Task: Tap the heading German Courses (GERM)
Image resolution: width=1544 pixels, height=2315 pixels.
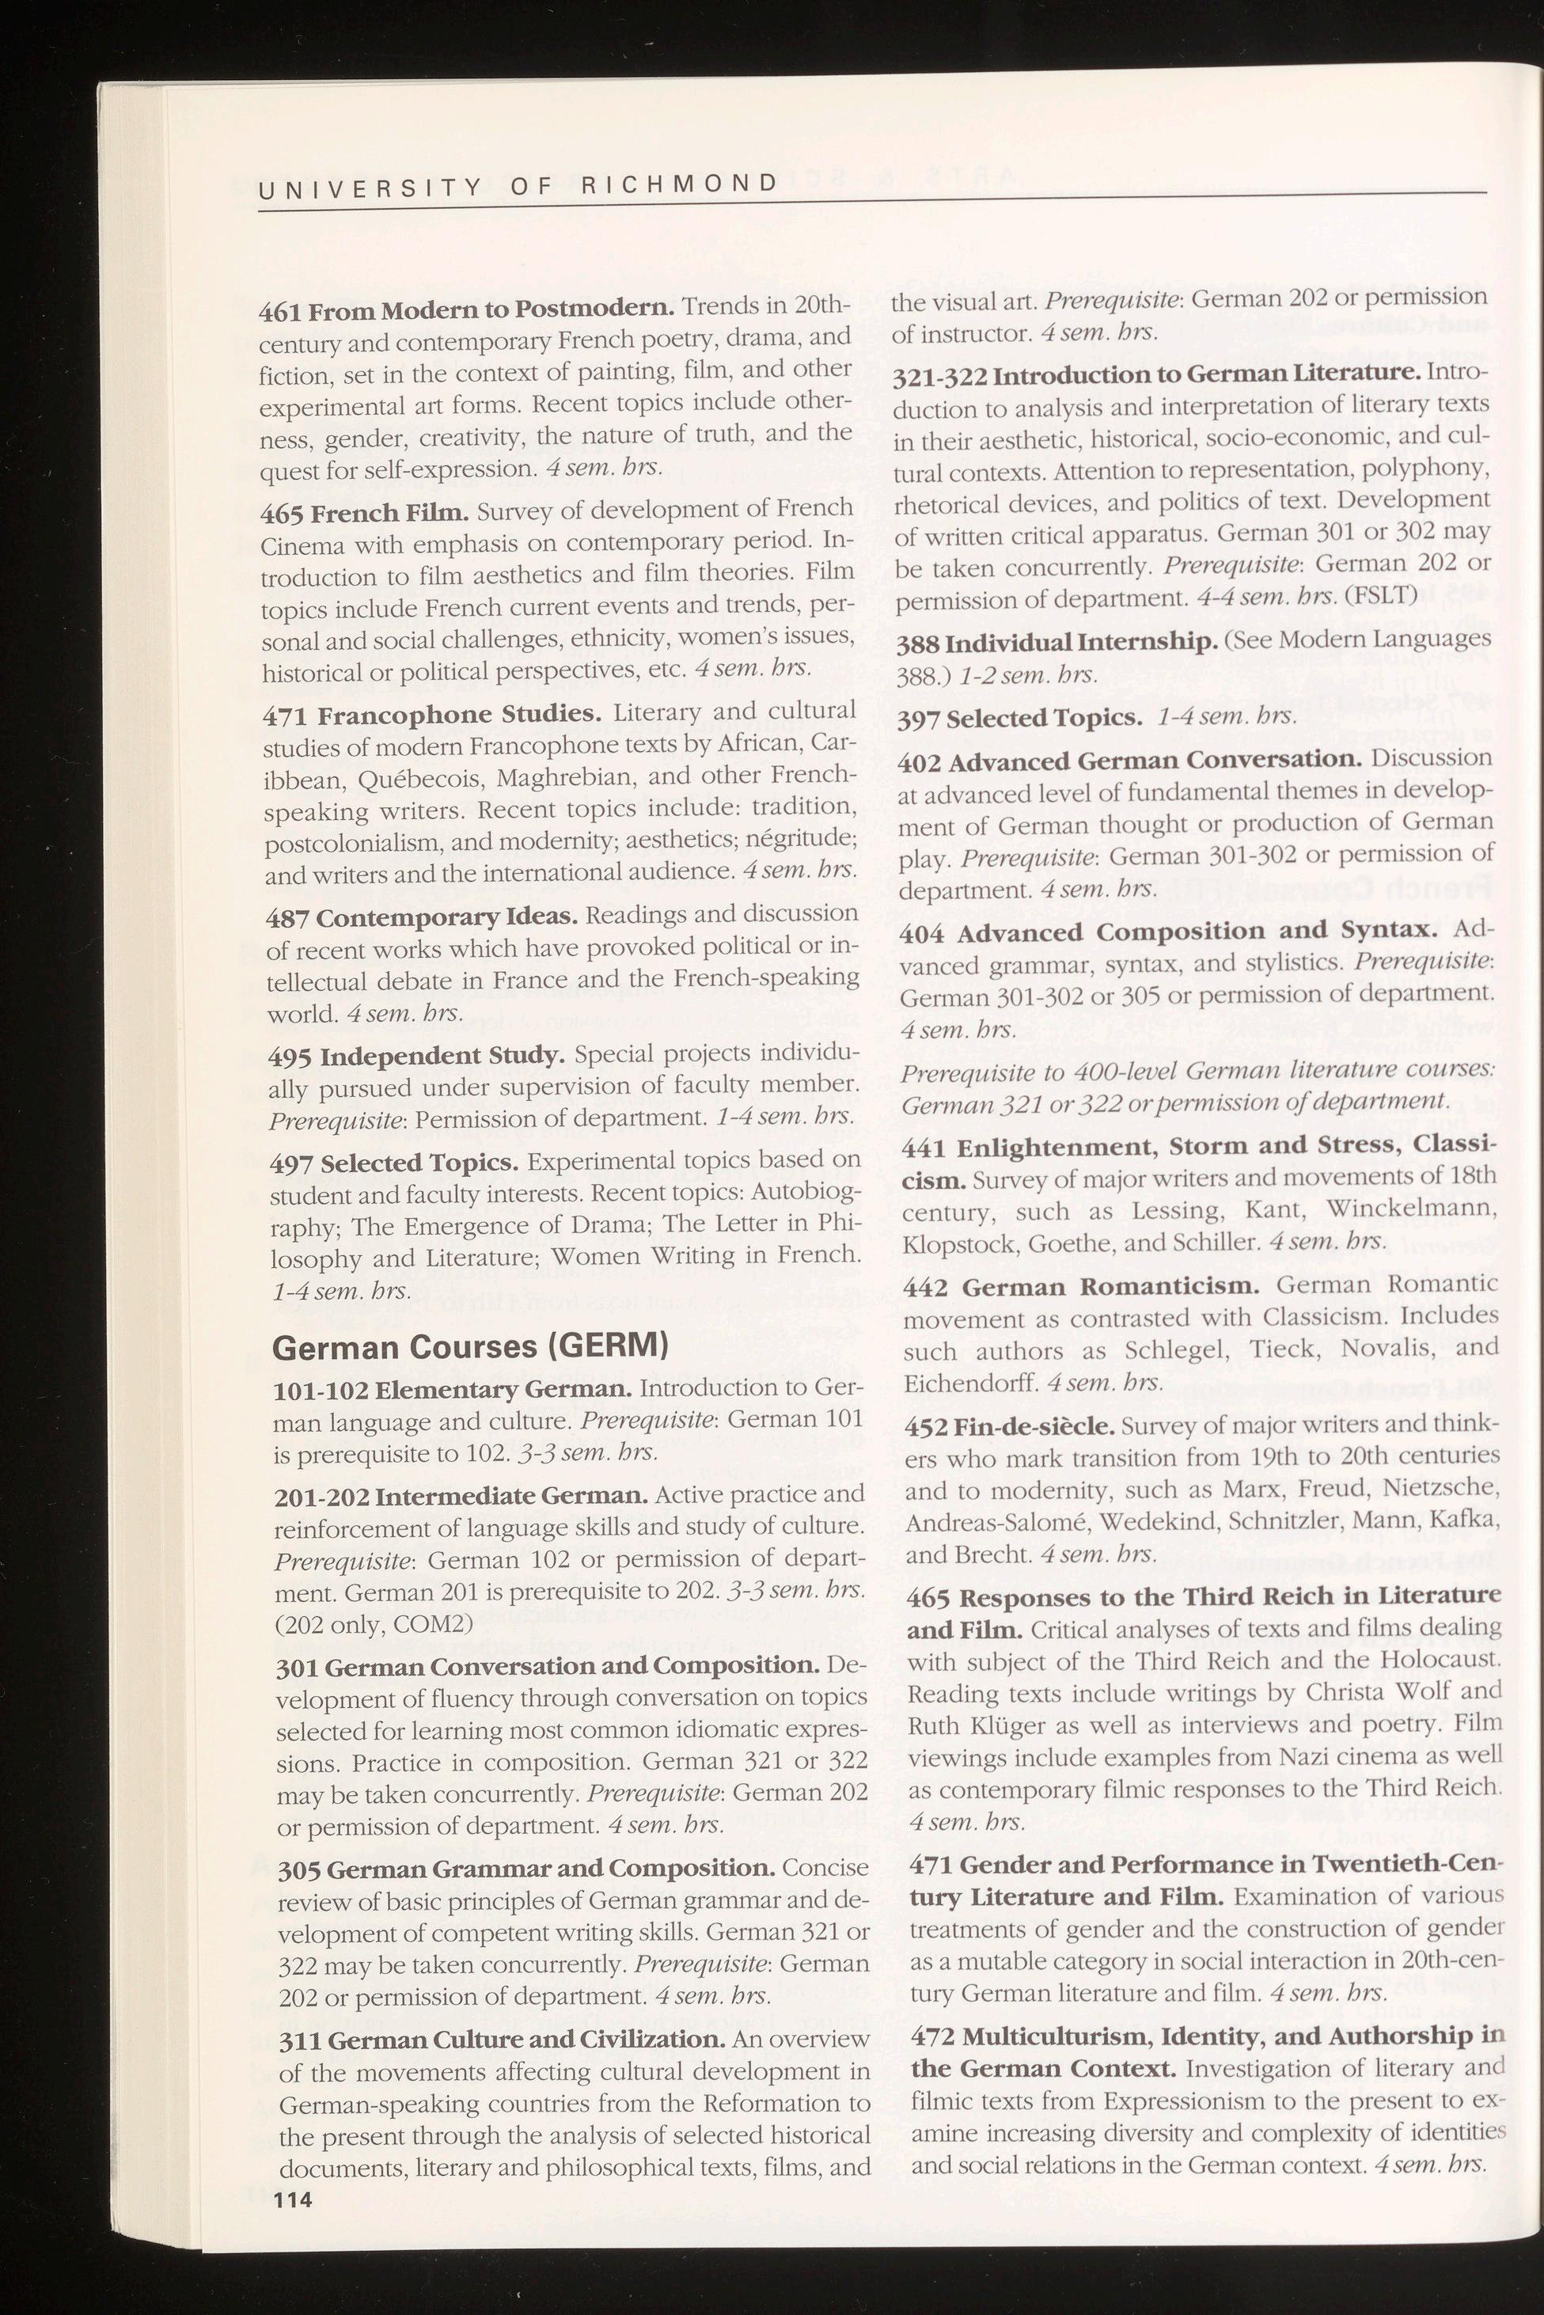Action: pyautogui.click(x=470, y=1346)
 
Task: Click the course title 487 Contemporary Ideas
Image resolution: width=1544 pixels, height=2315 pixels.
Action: pyautogui.click(x=423, y=918)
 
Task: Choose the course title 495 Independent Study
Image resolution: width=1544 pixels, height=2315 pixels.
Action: pyautogui.click(x=416, y=1057)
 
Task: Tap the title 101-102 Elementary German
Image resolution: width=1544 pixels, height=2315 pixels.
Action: pyautogui.click(x=452, y=1391)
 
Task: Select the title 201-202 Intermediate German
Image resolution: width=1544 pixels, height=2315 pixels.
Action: pyautogui.click(x=461, y=1496)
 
